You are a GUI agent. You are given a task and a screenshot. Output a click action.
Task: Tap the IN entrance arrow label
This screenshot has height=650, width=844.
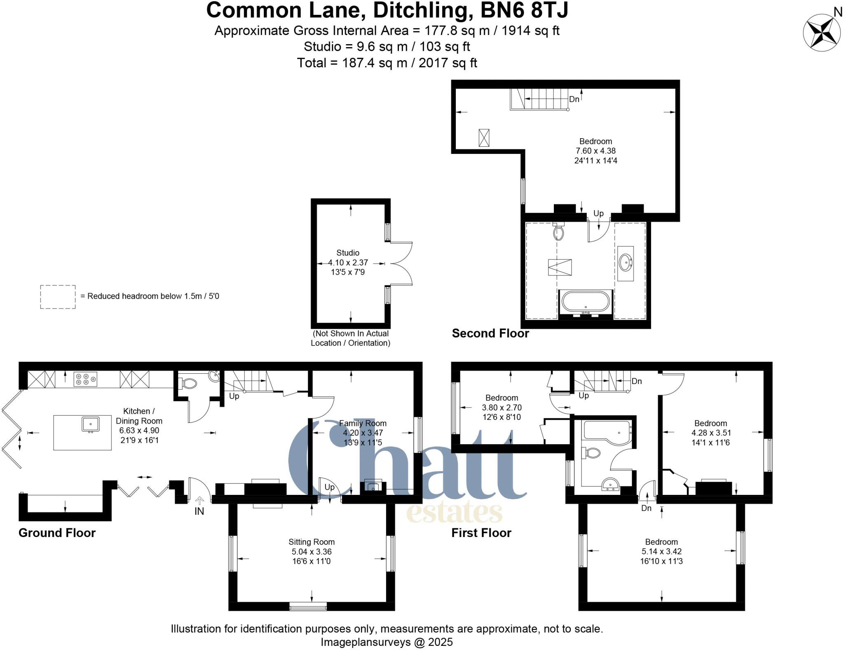(199, 511)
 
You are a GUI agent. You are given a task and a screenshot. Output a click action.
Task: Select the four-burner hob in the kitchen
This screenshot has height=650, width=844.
(85, 379)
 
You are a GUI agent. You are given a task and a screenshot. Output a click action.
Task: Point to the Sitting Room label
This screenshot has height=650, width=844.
(311, 542)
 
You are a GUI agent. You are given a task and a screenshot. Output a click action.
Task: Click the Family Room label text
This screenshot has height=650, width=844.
(363, 423)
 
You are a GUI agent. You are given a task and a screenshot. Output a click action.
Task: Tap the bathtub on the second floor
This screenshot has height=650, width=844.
(586, 302)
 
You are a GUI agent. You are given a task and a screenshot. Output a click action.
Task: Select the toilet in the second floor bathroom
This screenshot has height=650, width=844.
(558, 232)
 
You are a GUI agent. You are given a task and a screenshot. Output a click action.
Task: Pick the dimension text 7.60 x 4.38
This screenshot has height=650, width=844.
(595, 151)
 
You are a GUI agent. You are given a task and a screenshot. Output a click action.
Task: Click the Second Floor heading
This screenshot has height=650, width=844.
(490, 333)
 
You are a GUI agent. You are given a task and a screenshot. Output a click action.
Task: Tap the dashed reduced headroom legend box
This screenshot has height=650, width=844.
(58, 297)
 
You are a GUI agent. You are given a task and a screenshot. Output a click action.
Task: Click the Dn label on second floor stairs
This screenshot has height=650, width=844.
(574, 99)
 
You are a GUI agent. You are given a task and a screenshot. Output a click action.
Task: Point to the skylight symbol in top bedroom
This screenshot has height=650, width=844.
(484, 138)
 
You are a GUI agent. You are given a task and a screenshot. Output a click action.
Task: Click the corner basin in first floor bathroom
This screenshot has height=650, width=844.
(610, 485)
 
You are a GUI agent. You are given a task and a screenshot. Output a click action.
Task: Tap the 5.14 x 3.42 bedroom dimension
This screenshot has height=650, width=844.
(661, 551)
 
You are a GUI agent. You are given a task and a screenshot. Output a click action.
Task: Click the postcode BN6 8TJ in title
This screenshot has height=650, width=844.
(524, 10)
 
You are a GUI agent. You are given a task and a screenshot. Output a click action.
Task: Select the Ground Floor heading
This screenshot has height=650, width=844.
(57, 533)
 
